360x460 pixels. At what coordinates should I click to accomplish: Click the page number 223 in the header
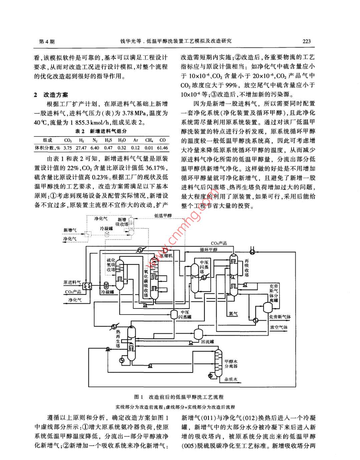coord(306,41)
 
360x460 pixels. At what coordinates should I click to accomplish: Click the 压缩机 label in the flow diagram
coord(166,255)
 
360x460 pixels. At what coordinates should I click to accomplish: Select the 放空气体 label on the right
coord(279,327)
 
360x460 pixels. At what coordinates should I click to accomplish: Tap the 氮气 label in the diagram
coord(234,314)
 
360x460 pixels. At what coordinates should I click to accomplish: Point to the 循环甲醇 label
coord(209,249)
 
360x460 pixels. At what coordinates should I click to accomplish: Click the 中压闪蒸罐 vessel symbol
coord(174,314)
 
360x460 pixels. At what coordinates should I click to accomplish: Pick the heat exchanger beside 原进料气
coord(87,286)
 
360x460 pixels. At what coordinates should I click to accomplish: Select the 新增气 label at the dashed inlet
coord(70,230)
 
